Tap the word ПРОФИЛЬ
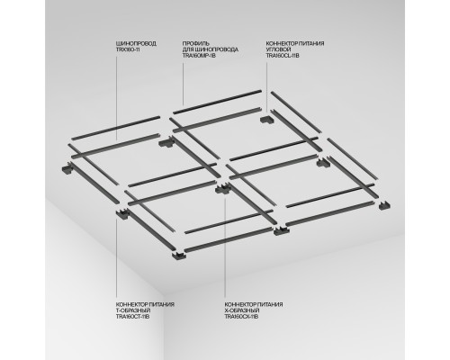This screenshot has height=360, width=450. click(194, 42)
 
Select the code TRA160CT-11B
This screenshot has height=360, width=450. click(132, 317)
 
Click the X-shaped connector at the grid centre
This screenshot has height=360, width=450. click(221, 189)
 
